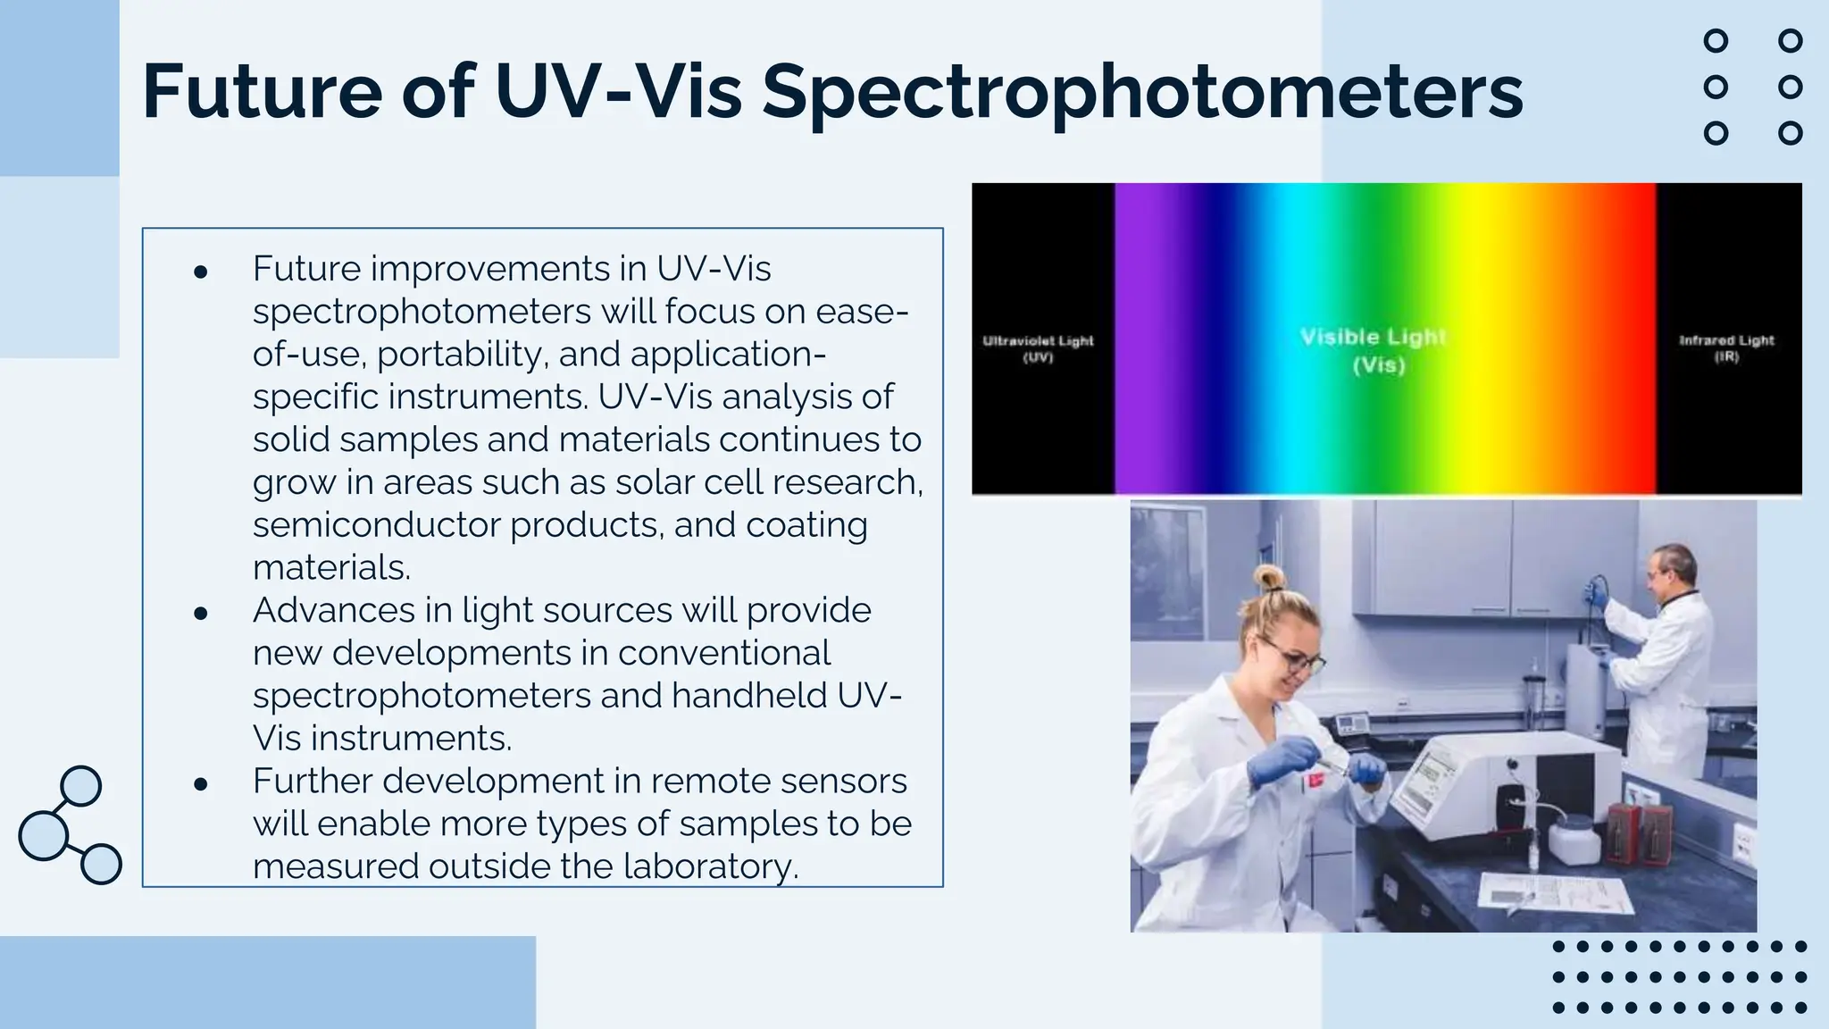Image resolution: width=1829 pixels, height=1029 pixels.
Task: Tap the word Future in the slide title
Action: (262, 91)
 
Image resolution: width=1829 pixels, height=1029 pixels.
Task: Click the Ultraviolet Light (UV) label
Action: (1038, 348)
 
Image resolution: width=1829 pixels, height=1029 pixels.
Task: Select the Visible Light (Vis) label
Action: (1374, 350)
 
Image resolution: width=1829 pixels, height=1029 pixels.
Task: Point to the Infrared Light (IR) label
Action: (1726, 347)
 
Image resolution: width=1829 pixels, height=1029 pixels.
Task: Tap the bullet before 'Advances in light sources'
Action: (201, 613)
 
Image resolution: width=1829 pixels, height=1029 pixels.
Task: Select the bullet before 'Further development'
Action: (201, 783)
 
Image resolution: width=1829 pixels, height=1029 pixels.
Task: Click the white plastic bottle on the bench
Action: (1572, 841)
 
